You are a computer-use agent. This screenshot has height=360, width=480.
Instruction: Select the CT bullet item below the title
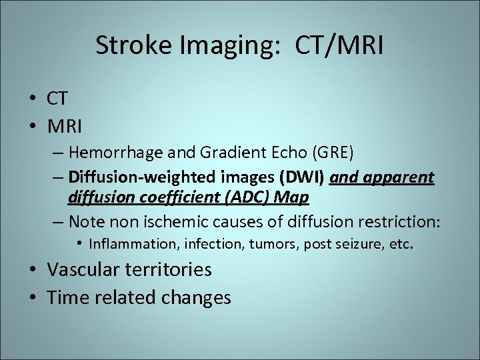click(57, 99)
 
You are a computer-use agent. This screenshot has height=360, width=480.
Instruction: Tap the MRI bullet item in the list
click(63, 125)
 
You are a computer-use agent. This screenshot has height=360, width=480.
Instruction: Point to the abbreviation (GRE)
click(329, 152)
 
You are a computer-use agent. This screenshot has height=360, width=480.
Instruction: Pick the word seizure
click(357, 244)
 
